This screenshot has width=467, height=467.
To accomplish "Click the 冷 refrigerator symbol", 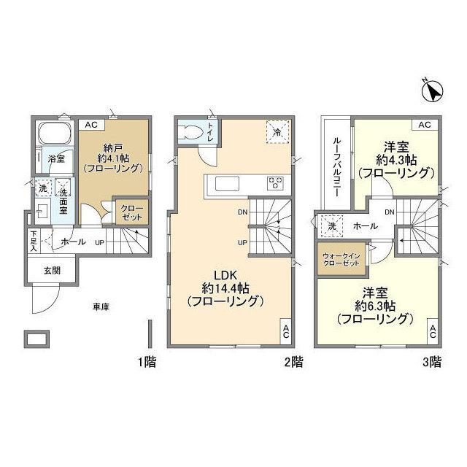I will click(277, 132).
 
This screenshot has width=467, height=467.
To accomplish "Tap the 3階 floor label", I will click(431, 360).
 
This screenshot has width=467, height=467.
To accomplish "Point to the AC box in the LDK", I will click(286, 331).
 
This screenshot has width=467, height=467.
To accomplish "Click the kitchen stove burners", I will click(276, 182).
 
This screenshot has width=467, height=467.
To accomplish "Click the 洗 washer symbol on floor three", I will click(332, 224).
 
